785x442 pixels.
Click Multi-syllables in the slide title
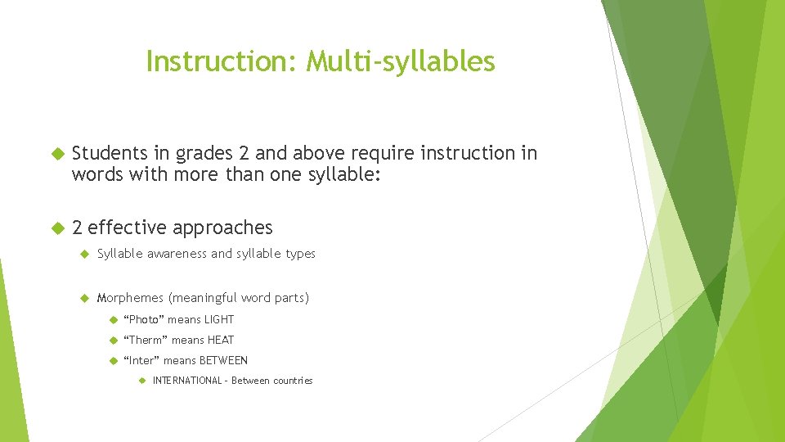click(x=401, y=61)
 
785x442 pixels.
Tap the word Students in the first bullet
click(x=109, y=154)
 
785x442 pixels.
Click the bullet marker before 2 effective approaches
click(x=56, y=228)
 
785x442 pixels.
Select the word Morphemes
click(x=131, y=298)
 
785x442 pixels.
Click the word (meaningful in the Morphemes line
click(x=203, y=298)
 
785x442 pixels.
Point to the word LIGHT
click(x=219, y=320)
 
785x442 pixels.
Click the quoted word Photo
click(x=144, y=320)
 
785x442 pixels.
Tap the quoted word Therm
click(x=146, y=341)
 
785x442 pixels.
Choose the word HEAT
click(x=221, y=341)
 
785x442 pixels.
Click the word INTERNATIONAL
click(x=187, y=381)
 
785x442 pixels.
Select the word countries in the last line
click(x=293, y=381)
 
